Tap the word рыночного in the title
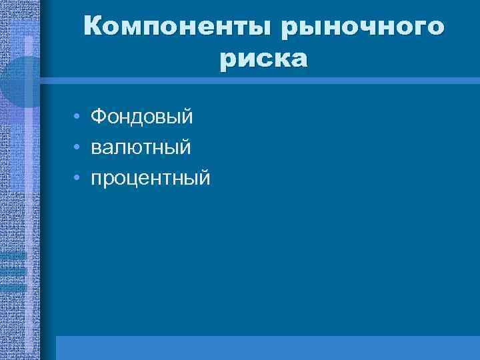pyautogui.click(x=362, y=28)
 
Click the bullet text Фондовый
pyautogui.click(x=141, y=117)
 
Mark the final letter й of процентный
pyautogui.click(x=203, y=177)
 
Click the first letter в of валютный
pyautogui.click(x=96, y=148)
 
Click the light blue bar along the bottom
pyautogui.click(x=267, y=347)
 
